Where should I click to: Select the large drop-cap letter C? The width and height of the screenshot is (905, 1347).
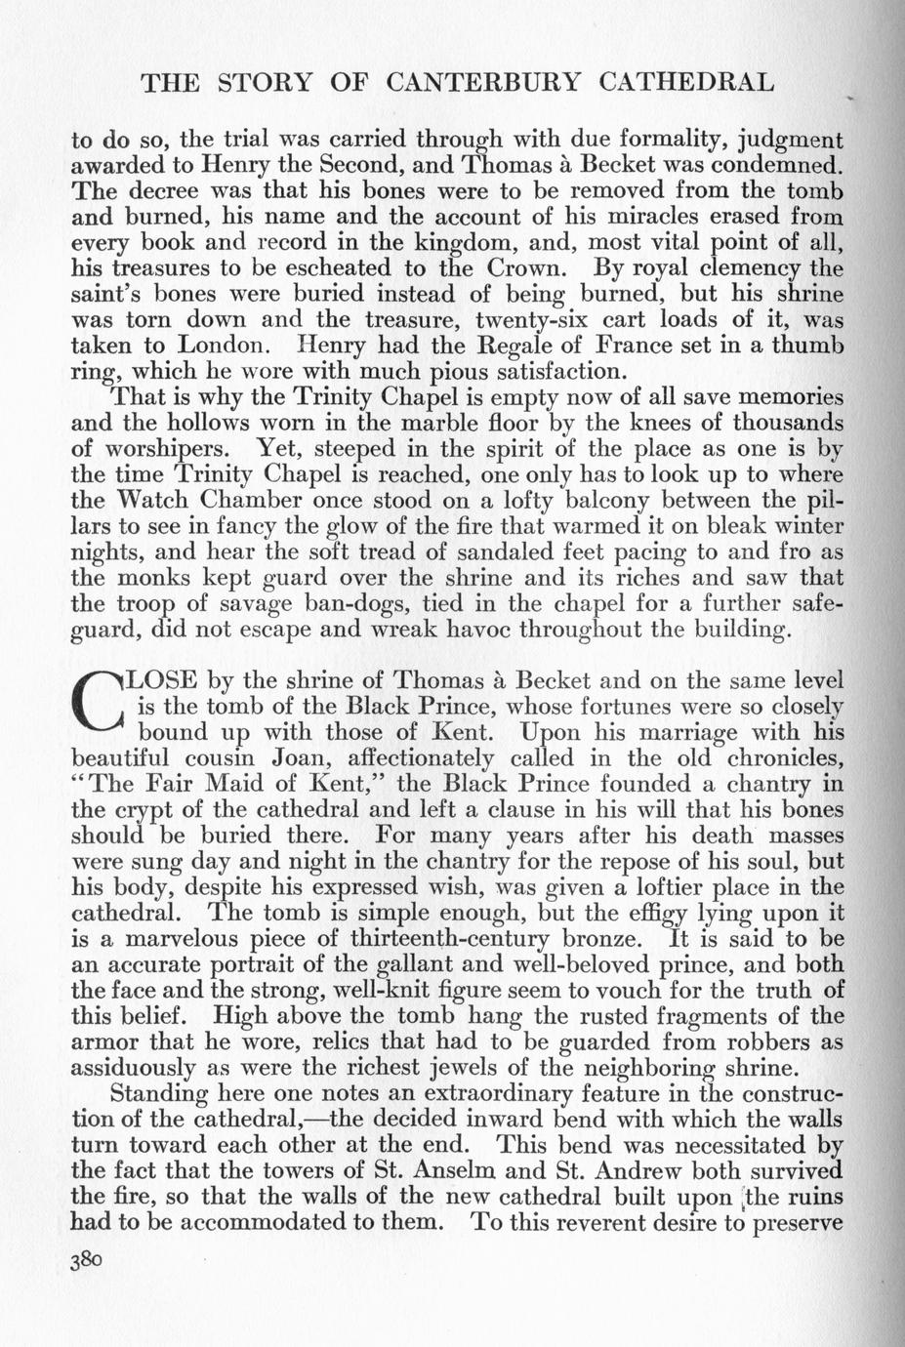(x=97, y=700)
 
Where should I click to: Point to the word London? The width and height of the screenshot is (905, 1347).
(x=221, y=345)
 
